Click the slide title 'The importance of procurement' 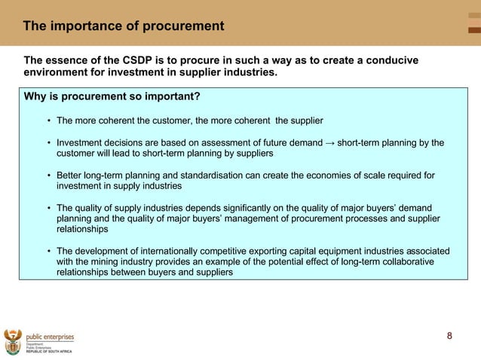coord(123,26)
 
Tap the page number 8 coord(450,336)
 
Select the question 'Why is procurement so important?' coord(112,96)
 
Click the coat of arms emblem coord(13,341)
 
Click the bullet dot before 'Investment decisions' coord(49,142)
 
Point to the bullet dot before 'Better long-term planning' coord(49,175)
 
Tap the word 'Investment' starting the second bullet coord(81,142)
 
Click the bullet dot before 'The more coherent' coord(49,121)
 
